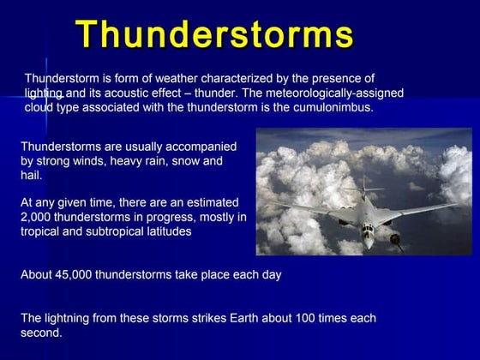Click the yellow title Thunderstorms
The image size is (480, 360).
coord(214,35)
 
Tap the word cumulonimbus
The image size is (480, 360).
coord(332,108)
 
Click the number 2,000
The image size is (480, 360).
coord(41,217)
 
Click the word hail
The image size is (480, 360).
coord(31,175)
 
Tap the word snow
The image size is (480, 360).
coord(184,160)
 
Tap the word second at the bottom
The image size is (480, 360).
coord(40,333)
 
